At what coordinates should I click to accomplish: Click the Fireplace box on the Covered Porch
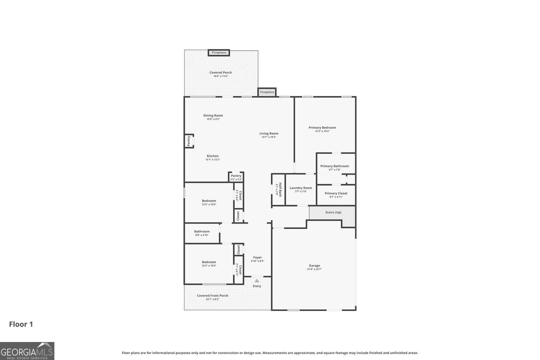pos(219,53)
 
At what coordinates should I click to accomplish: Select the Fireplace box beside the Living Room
pos(267,92)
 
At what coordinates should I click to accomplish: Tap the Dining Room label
pos(213,116)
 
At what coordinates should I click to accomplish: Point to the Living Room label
pos(269,134)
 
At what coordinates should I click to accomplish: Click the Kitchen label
pos(212,156)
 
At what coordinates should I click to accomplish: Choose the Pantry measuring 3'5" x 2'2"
pos(236,177)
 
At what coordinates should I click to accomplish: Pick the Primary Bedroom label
pos(322,127)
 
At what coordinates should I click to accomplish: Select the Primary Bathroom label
pos(334,166)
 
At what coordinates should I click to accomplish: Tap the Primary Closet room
pos(336,195)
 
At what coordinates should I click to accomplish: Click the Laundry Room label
pos(301,188)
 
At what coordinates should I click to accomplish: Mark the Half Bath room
pos(278,189)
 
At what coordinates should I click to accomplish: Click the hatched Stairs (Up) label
pos(333,212)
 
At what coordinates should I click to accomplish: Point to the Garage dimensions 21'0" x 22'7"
pos(314,269)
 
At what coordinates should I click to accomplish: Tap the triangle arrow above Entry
pos(257,280)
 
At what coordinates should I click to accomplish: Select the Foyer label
pos(257,257)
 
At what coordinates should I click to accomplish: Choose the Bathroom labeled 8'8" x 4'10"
pos(202,233)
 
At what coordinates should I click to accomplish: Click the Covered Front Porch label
pos(212,296)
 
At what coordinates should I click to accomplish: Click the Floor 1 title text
pos(21,324)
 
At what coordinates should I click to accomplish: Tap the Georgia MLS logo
pos(27,351)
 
